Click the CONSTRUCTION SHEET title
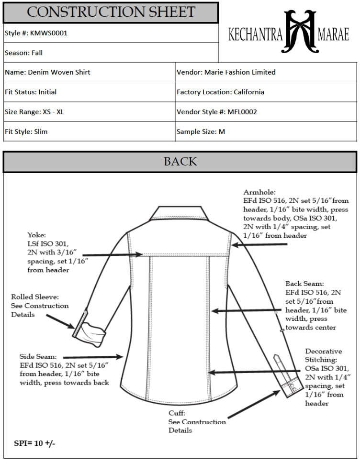click(111, 12)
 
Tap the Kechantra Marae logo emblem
click(301, 32)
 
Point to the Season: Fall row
click(24, 53)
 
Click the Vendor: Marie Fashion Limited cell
click(226, 72)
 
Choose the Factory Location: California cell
click(220, 92)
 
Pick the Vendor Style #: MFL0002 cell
click(217, 112)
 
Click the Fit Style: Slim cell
click(26, 132)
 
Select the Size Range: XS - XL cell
click(34, 112)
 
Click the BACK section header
click(180, 162)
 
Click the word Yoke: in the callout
click(37, 235)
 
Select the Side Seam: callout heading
click(38, 356)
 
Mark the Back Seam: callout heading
click(304, 284)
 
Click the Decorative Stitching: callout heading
click(323, 355)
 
